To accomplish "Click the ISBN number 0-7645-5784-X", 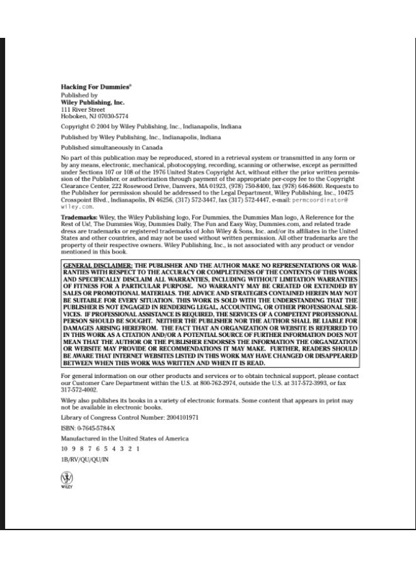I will [93, 428].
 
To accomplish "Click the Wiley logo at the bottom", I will [67, 481].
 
